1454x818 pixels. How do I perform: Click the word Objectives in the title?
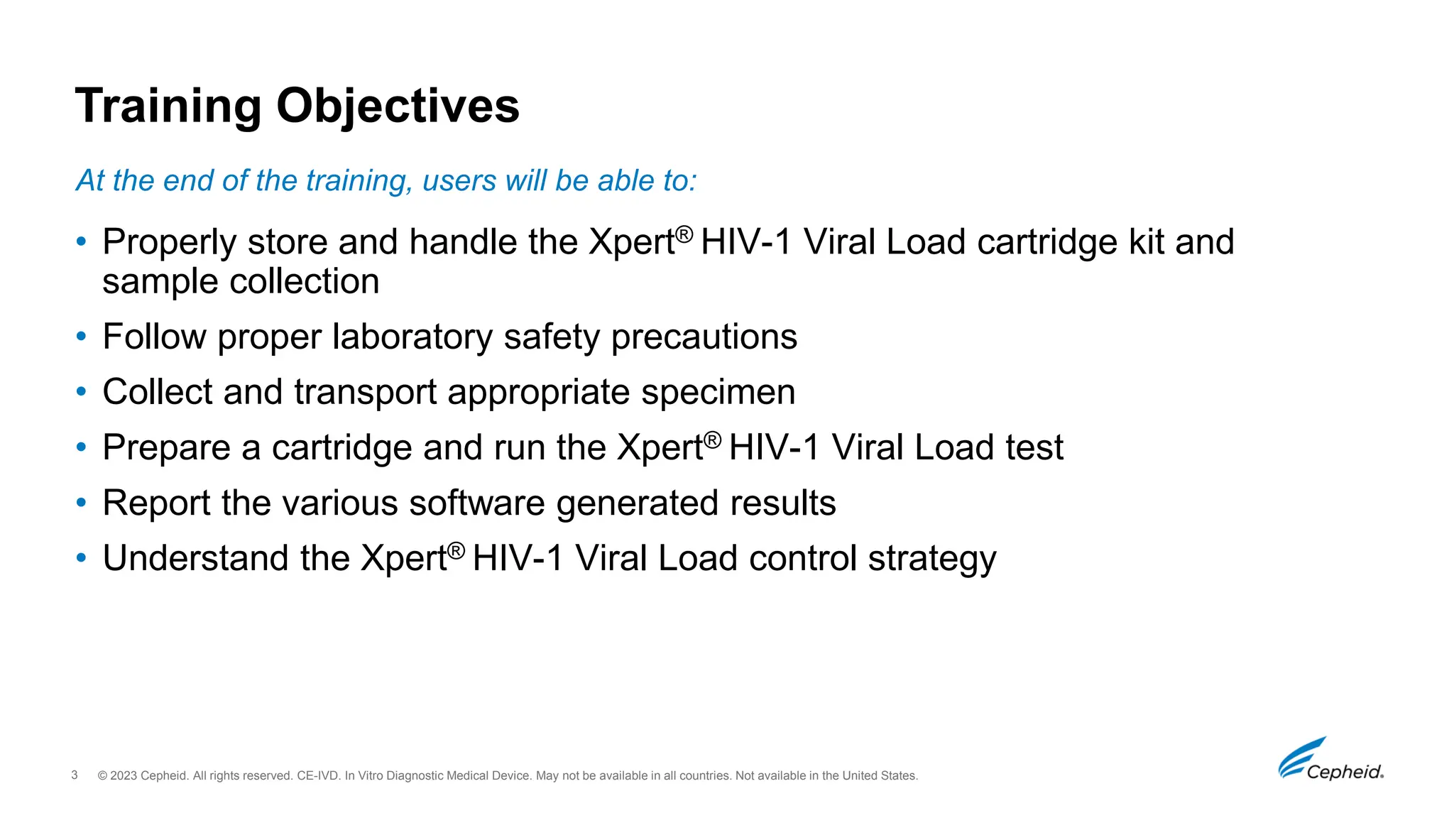click(398, 107)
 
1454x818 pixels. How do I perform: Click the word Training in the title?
click(168, 107)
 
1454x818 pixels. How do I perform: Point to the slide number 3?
click(75, 775)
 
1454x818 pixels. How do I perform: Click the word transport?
click(365, 393)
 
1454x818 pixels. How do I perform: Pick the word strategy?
click(932, 559)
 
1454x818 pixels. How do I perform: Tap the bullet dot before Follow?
click(82, 336)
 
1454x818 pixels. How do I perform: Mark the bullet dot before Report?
click(82, 503)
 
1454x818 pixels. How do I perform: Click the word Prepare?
click(167, 448)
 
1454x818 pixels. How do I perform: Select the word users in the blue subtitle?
click(459, 181)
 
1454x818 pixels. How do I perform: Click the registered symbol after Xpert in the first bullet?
click(684, 234)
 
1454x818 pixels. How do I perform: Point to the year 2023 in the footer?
click(123, 775)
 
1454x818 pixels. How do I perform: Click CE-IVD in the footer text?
click(317, 775)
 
